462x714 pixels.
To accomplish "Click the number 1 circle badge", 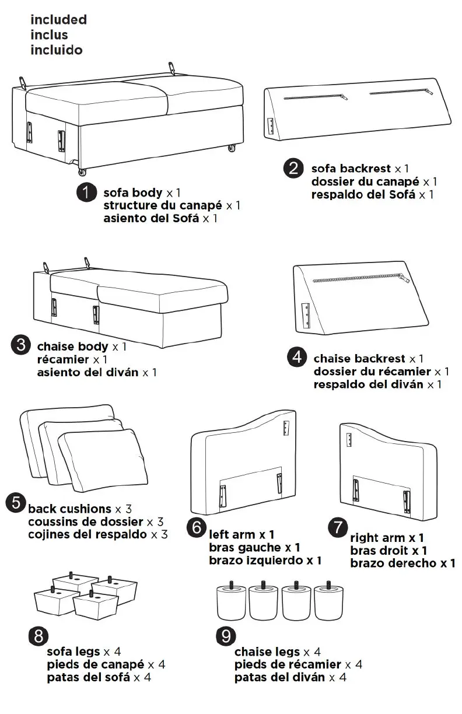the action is [86, 192].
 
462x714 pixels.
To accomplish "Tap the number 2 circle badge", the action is [293, 169].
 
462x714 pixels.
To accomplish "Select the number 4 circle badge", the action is [297, 356].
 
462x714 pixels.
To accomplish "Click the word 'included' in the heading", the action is [58, 20].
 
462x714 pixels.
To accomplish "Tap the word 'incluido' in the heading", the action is [57, 50].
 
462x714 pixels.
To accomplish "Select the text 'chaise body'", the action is [73, 346].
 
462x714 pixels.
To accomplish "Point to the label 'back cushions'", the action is [69, 509].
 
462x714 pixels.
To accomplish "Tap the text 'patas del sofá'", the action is [88, 677].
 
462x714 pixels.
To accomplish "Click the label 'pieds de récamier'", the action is [288, 664].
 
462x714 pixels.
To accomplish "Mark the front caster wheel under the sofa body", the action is [82, 172].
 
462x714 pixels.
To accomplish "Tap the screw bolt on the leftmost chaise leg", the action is [231, 584].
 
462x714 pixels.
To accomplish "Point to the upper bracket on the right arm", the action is [349, 439].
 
